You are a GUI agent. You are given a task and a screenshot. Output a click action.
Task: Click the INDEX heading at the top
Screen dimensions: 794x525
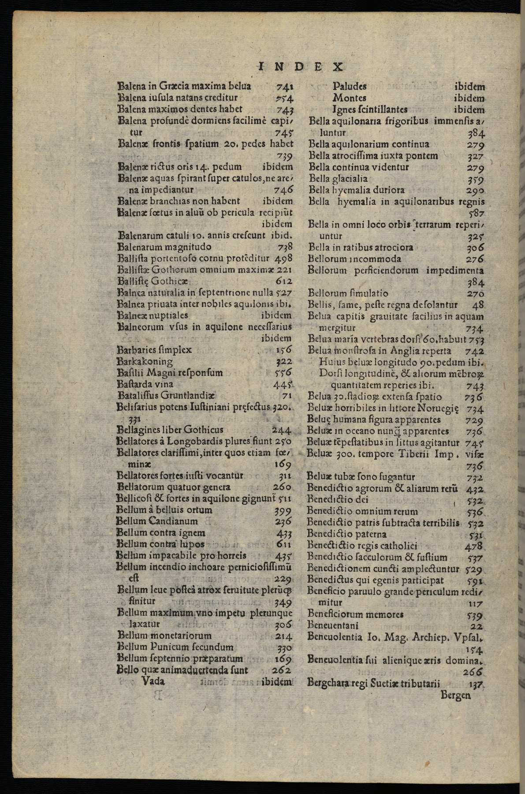point(300,67)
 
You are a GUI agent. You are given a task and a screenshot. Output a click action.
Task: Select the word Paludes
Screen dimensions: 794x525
point(350,86)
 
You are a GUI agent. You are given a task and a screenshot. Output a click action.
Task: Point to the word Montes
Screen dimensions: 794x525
point(349,98)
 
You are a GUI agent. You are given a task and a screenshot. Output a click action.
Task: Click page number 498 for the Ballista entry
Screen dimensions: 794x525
point(283,258)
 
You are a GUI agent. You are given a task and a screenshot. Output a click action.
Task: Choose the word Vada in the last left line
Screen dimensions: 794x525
point(153,681)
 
